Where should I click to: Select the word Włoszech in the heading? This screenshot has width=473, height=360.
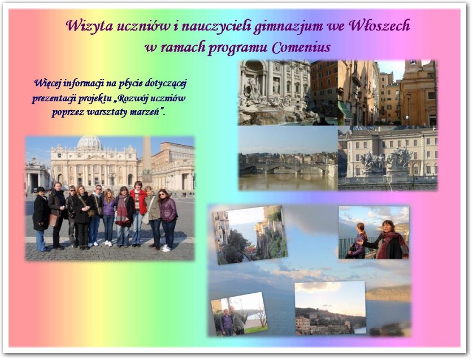click(379, 25)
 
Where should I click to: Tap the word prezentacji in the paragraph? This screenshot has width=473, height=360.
click(55, 99)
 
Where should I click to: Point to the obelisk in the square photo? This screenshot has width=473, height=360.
click(147, 160)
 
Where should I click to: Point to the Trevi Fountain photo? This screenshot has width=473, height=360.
click(275, 93)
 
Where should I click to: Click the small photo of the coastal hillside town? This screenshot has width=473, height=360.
click(331, 308)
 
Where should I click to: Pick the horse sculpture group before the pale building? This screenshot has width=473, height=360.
click(387, 159)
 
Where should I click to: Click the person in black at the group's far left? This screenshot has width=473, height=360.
click(41, 219)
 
